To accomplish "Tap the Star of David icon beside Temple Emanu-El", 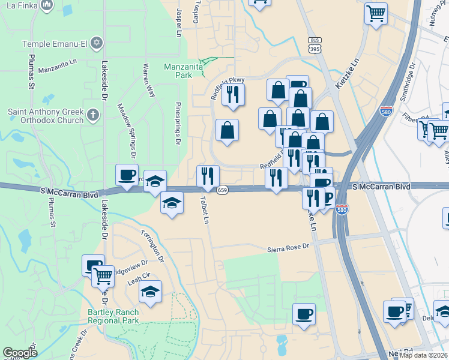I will click(x=97, y=43).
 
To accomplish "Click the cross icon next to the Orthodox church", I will click(x=92, y=115).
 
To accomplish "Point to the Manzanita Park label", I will click(x=179, y=71).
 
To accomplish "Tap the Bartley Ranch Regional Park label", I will click(x=113, y=316).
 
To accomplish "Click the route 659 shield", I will click(x=222, y=190).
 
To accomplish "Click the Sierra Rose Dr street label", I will click(x=288, y=247).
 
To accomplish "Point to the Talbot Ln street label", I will click(x=205, y=211).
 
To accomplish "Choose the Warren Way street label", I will click(x=148, y=80).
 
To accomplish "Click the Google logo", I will click(x=20, y=353).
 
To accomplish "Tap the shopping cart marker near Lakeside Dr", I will click(x=103, y=276).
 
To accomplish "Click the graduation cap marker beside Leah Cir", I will click(x=150, y=292).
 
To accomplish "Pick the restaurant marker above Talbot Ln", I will click(x=208, y=176).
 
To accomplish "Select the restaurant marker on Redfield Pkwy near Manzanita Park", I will click(x=232, y=94).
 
